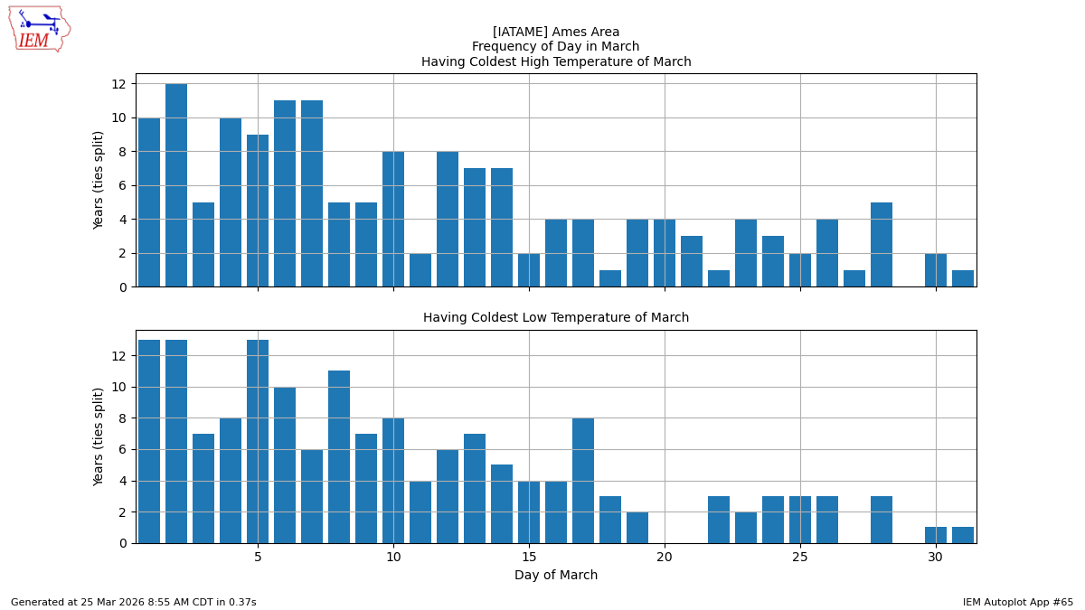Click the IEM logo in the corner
pos(39,29)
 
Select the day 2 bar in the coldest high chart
pos(176,185)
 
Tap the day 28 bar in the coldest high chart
pos(882,245)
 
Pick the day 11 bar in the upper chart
pos(420,270)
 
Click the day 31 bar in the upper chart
pos(963,278)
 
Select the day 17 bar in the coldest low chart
pos(583,480)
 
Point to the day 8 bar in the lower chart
pos(339,456)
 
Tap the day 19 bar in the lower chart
pos(637,527)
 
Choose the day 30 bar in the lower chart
pos(936,535)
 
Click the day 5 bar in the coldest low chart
pos(258,441)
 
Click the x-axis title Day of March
pos(556,576)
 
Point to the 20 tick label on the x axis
pos(665,558)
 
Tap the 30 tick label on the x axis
pos(936,558)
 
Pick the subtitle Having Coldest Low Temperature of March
pos(556,318)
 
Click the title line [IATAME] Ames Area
pos(556,33)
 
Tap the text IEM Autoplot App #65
pos(1017,602)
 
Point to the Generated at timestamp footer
pos(134,602)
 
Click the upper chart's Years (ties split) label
pos(99,180)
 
